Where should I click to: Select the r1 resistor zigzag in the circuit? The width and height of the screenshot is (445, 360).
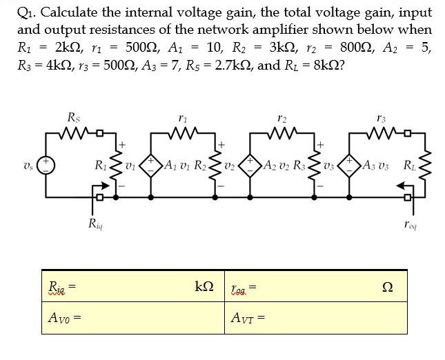183,131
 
